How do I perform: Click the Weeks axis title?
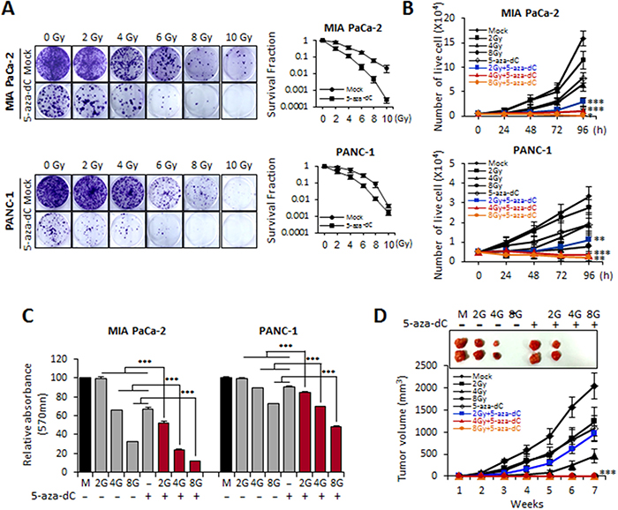(x=523, y=503)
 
